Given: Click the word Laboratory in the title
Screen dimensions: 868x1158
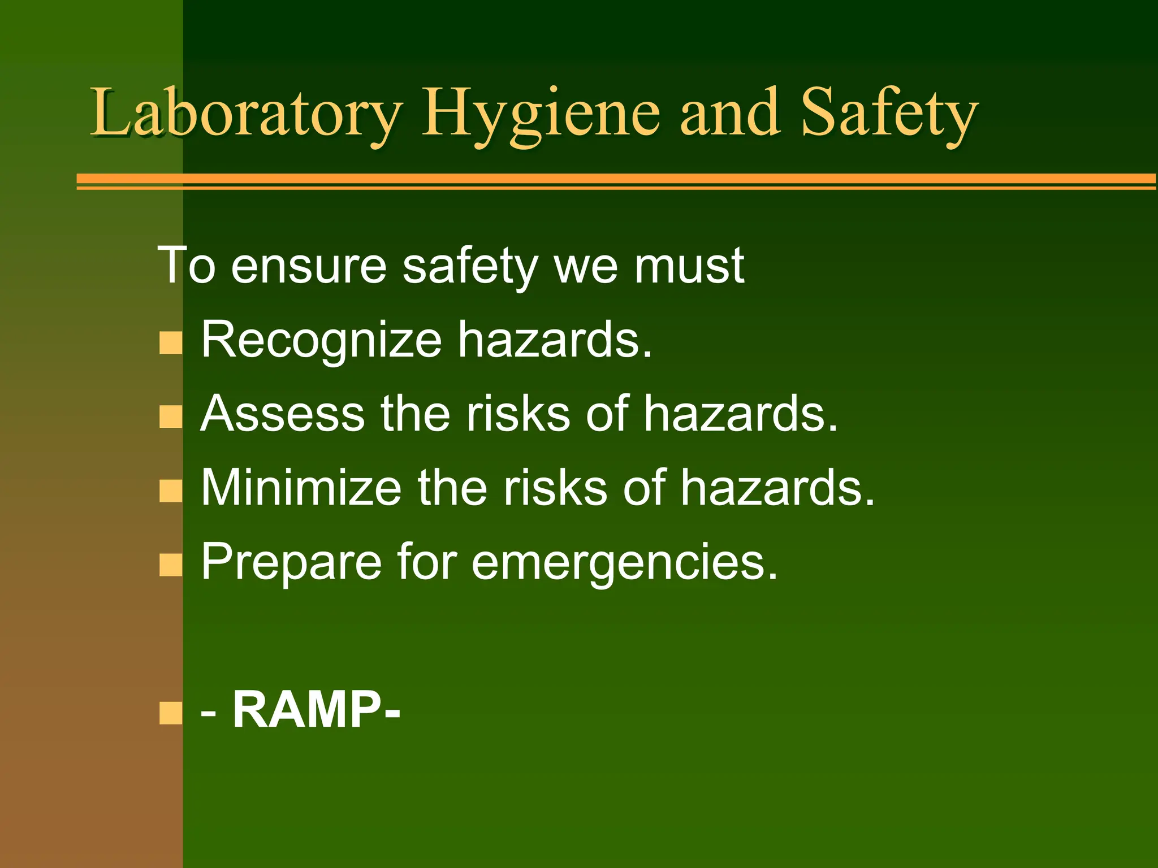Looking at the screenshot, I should click(246, 113).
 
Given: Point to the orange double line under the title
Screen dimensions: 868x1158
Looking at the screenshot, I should click(616, 181).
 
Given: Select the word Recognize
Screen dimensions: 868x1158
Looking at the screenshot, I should click(321, 340).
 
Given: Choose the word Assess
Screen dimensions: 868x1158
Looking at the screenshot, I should click(283, 414).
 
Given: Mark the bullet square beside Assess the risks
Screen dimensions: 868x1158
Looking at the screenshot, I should click(171, 417).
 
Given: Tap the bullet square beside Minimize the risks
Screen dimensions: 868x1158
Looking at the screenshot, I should click(171, 491).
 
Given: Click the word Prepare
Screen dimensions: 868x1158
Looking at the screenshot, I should click(291, 562).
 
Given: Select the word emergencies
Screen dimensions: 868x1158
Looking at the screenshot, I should click(625, 562).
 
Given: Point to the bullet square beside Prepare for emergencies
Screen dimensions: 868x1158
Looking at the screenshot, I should click(171, 565).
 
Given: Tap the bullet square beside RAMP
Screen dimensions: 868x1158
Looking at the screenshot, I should click(171, 713).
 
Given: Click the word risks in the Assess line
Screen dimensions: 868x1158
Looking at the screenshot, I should click(518, 414).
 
